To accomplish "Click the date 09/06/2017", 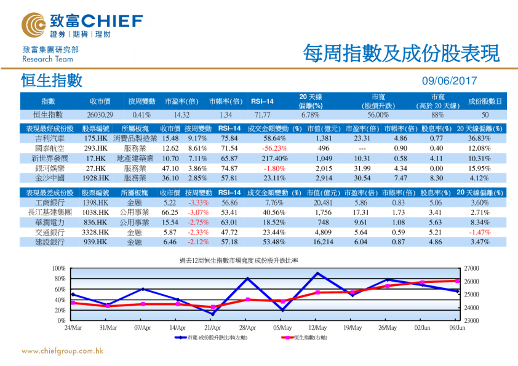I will tap(449, 81).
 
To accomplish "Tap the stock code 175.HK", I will tap(96, 139).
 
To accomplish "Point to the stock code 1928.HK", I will tap(96, 178).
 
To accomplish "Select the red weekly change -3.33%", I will tap(198, 202).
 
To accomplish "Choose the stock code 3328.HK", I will tap(96, 233).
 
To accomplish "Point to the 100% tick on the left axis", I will tap(58, 269).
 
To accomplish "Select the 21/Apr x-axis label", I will tap(212, 328).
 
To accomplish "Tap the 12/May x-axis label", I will tap(317, 328).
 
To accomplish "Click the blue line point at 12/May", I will tap(317, 273).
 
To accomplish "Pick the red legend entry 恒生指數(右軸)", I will tap(302, 338).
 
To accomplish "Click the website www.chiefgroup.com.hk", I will tap(62, 351).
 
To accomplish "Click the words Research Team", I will tap(47, 59).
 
